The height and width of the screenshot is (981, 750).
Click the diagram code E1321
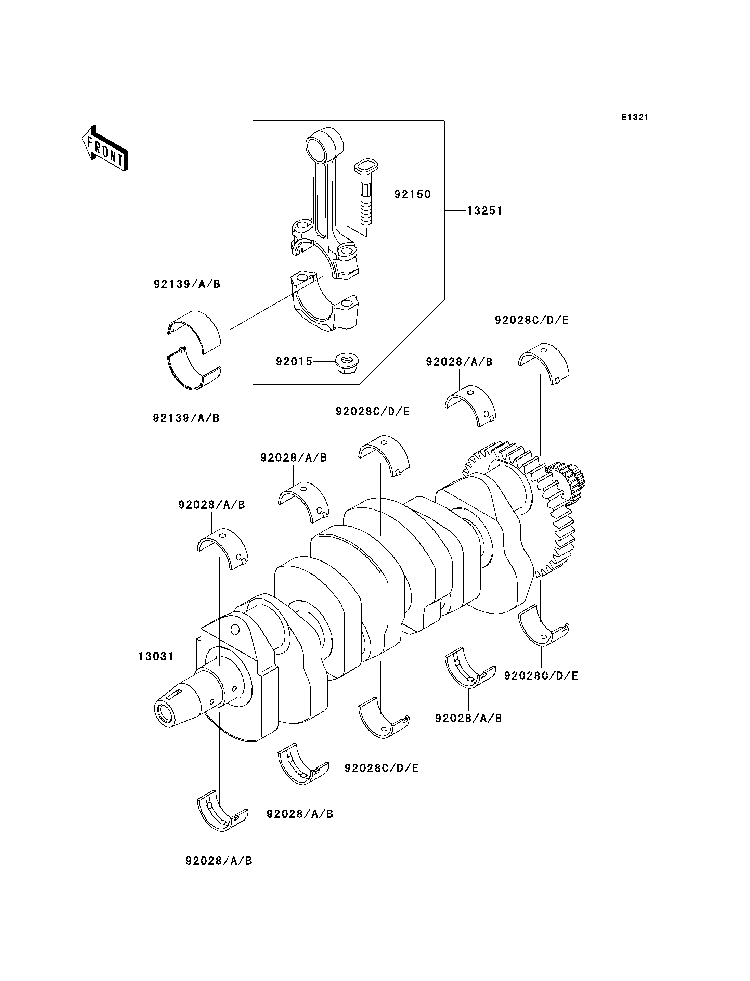point(635,117)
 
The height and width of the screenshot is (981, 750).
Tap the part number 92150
point(413,194)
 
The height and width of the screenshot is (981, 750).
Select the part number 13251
point(485,210)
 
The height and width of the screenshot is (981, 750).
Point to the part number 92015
point(294,361)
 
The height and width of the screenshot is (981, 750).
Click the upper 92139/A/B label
point(187,284)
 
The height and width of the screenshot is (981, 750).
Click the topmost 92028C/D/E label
point(532,320)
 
